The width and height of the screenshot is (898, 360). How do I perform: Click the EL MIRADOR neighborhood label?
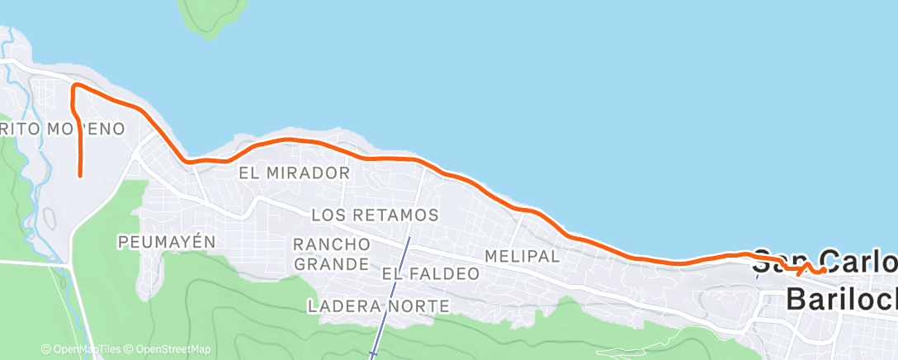point(294,173)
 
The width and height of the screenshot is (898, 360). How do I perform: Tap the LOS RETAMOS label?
point(374,216)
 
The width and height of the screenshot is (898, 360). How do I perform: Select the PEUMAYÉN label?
point(166,242)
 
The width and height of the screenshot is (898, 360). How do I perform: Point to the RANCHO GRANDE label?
point(332,254)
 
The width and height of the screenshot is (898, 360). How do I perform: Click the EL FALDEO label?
point(430,273)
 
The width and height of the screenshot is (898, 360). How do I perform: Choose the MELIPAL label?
point(522,256)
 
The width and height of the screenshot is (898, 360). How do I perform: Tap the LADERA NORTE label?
point(378,306)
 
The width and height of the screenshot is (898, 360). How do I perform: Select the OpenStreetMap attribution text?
point(168,349)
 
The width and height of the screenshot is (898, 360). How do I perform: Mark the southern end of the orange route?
point(80,174)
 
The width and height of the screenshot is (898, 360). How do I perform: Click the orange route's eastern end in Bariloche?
point(825,270)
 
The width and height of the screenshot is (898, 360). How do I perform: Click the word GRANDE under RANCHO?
point(332,264)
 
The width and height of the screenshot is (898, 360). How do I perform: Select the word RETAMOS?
point(398,216)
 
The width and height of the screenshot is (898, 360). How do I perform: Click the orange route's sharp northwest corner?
point(74,86)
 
